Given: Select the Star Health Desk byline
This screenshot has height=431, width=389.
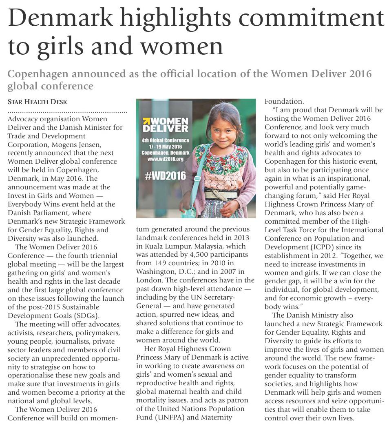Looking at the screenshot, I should [37, 102].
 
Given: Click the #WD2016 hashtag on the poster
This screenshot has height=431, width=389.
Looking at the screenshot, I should [165, 176].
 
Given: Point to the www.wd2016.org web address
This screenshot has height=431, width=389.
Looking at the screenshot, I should [166, 158].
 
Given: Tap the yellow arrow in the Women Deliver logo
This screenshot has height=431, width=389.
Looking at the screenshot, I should [146, 121].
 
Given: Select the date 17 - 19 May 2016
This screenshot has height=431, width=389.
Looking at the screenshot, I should [166, 146].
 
